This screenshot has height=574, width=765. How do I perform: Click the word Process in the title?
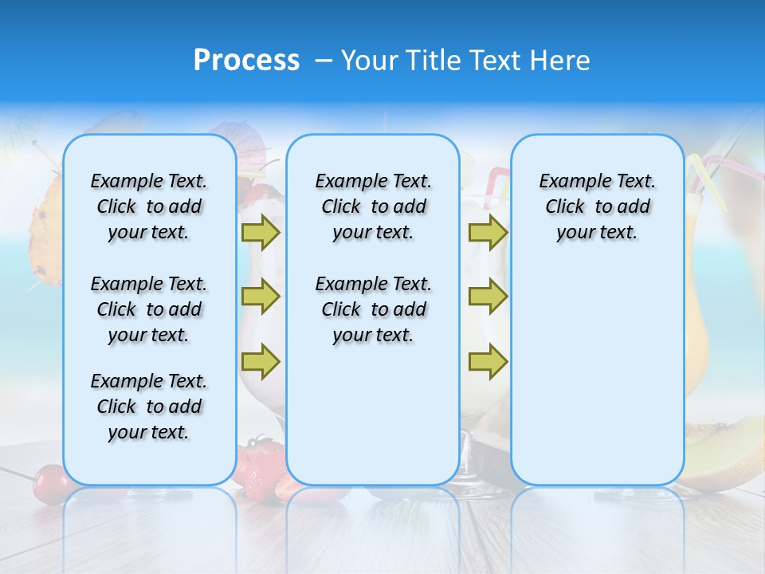click(x=246, y=61)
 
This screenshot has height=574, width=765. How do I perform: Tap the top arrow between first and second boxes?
click(x=261, y=232)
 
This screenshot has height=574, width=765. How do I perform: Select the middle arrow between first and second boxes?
click(x=261, y=297)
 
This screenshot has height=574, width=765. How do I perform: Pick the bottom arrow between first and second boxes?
click(x=261, y=361)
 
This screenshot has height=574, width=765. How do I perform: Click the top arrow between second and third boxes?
click(x=488, y=232)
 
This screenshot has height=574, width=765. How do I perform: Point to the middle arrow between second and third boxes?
click(x=488, y=297)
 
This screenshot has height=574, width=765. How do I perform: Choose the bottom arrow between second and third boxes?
click(x=488, y=361)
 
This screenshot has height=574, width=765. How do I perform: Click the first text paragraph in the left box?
click(x=149, y=206)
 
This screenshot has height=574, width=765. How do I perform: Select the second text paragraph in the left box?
click(x=149, y=309)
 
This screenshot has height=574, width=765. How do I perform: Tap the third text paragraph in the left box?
click(x=149, y=407)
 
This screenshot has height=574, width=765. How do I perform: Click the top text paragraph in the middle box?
click(x=373, y=206)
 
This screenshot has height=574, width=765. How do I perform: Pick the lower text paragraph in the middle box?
click(x=373, y=309)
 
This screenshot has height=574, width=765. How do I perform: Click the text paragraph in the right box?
click(x=597, y=206)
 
